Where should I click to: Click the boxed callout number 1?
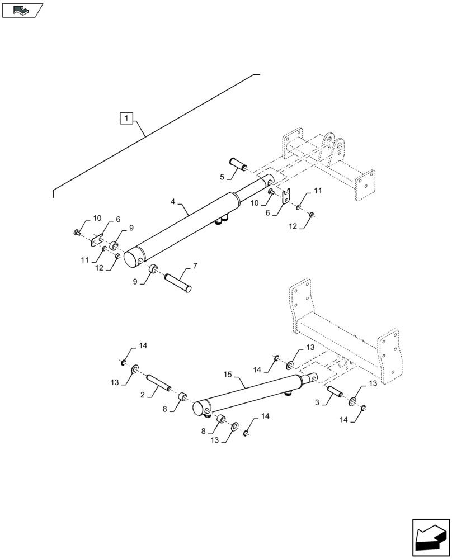127,119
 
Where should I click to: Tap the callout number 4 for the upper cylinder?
173,201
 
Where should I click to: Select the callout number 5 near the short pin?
222,177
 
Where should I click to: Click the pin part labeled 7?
178,281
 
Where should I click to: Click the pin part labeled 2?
158,387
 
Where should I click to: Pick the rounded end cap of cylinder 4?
133,258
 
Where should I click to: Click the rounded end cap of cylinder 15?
200,409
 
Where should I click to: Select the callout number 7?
195,264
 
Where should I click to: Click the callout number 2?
143,395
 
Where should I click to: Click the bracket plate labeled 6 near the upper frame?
286,197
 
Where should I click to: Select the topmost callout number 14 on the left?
143,346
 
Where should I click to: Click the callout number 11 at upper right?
317,191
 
